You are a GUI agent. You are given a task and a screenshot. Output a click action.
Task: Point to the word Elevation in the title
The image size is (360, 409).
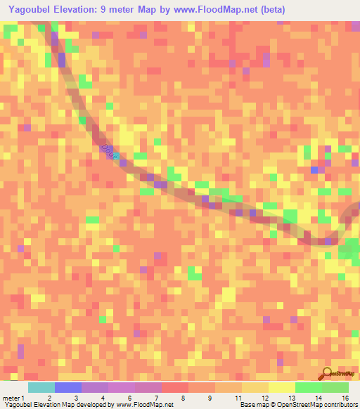click(91, 10)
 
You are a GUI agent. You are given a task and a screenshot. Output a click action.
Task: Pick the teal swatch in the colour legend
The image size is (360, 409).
click(41, 387)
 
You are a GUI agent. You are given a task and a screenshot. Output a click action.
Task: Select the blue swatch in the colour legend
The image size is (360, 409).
click(67, 387)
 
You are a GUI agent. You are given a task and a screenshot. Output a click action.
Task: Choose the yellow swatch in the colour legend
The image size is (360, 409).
click(281, 387)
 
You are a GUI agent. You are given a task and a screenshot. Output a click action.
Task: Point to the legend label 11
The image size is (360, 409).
click(243, 397)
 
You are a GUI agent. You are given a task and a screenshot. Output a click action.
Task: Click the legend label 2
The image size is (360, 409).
click(49, 397)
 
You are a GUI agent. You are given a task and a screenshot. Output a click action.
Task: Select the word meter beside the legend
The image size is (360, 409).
click(12, 397)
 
